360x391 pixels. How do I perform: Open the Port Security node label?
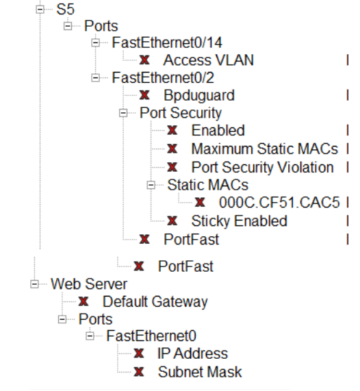tap(181, 112)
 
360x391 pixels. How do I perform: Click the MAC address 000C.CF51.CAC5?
tap(280, 202)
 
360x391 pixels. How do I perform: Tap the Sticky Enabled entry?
tap(239, 220)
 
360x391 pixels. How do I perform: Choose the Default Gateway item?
tap(155, 301)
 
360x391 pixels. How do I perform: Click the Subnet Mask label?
tap(195, 371)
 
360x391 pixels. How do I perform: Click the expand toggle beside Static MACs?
tap(151, 185)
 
